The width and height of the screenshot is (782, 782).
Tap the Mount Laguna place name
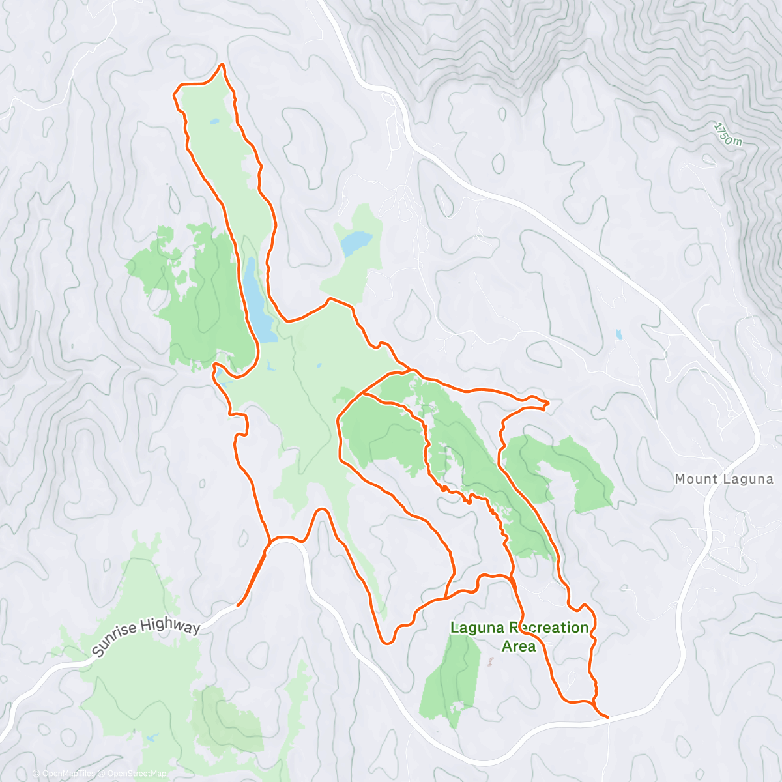click(x=723, y=479)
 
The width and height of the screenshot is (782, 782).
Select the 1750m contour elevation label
click(x=728, y=134)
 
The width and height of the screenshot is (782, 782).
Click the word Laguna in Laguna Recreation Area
click(x=478, y=628)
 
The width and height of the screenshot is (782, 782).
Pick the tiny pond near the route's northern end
click(x=214, y=121)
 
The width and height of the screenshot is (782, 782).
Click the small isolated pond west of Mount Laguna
click(x=618, y=335)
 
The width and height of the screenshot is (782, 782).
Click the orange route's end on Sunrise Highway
click(x=238, y=605)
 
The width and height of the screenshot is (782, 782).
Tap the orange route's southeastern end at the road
click(x=607, y=717)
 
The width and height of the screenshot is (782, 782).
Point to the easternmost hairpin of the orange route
click(x=547, y=404)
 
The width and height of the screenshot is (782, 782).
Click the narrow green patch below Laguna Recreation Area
click(x=450, y=678)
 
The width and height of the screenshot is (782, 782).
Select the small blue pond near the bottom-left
click(x=151, y=738)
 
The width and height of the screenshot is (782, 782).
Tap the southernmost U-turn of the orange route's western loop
click(x=387, y=643)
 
